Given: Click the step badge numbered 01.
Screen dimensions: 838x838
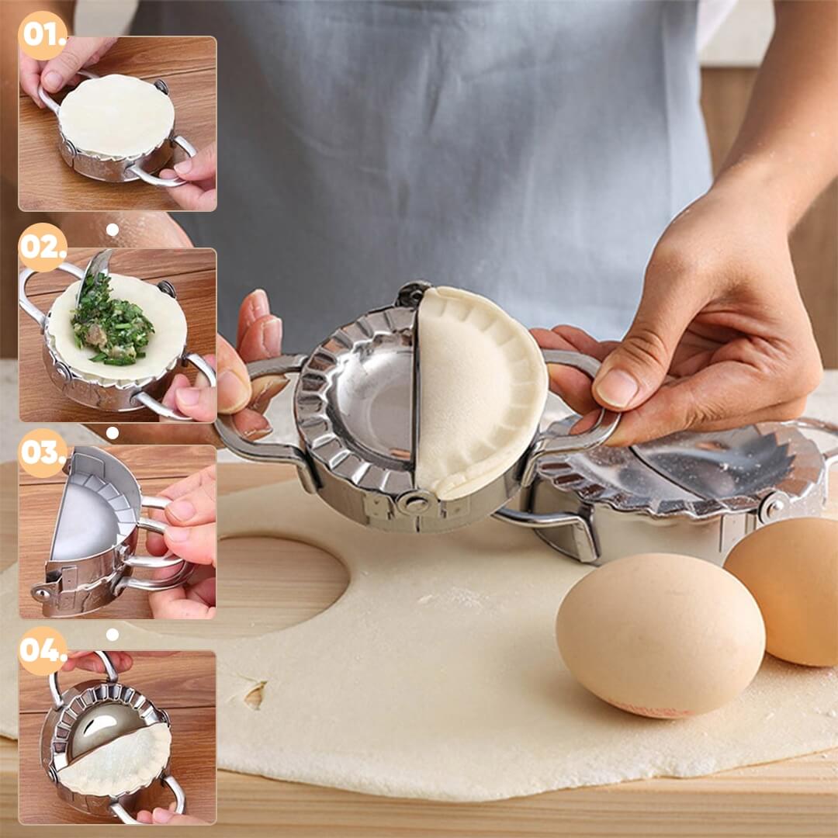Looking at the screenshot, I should pos(43,35).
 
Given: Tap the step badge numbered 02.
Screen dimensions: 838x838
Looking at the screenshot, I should pos(43,247).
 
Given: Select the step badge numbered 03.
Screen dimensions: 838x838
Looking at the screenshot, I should pos(43,452).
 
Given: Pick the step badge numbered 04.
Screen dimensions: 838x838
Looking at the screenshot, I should pos(43,650).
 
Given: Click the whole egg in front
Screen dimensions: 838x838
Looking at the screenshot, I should pos(660,635).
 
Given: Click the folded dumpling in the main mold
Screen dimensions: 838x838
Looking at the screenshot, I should pos(477,392).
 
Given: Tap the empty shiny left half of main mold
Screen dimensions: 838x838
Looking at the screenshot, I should pos(372,396).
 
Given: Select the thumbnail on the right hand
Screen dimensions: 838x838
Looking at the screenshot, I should pos(618,388).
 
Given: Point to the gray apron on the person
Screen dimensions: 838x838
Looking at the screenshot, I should pos(435,155).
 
